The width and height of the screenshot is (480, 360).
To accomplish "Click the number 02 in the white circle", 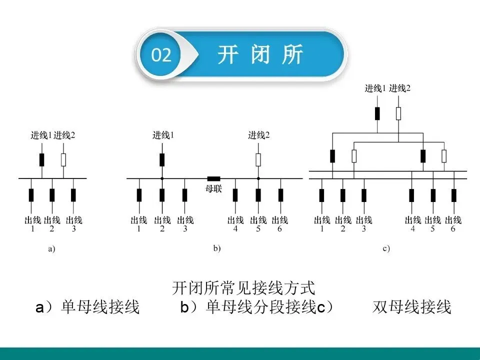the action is (x=161, y=55).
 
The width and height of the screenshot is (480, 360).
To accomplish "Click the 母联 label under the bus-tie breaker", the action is (x=213, y=189).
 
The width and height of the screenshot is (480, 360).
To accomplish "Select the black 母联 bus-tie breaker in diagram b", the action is (x=213, y=178).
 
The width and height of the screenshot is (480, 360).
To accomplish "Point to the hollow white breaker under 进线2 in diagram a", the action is (x=63, y=160).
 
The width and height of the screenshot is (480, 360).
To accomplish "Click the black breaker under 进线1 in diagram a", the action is (x=42, y=160).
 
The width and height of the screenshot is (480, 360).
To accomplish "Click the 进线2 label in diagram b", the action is (x=258, y=134).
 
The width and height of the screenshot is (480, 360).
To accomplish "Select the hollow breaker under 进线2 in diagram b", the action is (x=258, y=160).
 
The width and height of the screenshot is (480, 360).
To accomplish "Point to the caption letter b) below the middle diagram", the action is (x=216, y=248).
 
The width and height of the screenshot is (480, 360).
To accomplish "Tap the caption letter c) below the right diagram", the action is (x=386, y=248).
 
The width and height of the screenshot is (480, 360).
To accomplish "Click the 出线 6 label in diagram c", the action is (x=453, y=223).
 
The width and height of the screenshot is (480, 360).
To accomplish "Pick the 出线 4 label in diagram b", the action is (x=235, y=223).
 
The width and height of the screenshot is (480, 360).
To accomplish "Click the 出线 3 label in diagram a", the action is (x=74, y=223).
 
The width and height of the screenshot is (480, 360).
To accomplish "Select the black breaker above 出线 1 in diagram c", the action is (x=321, y=195).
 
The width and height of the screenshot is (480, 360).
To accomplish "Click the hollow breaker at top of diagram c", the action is (x=398, y=113).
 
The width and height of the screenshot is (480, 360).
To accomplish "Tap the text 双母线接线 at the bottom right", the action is (x=412, y=307).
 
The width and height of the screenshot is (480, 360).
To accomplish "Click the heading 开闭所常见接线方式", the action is (x=243, y=288).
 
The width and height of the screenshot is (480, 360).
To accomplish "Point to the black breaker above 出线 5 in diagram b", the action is (x=258, y=195).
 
